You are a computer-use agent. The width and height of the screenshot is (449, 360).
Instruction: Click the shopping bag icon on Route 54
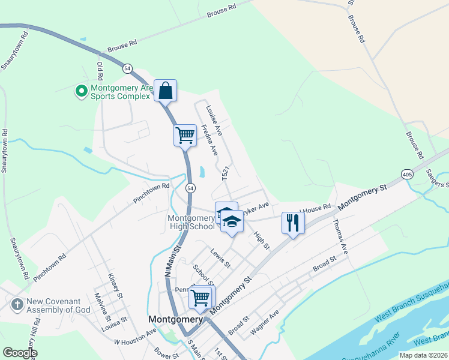(166, 92)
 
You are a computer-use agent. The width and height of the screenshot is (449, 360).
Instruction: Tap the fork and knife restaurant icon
(292, 223)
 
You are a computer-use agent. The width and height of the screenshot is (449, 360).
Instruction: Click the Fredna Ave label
(209, 140)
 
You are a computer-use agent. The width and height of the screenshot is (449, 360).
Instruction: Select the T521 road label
(226, 174)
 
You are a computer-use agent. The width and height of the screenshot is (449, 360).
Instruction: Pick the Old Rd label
(100, 70)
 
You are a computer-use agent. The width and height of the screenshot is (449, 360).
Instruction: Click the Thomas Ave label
(340, 238)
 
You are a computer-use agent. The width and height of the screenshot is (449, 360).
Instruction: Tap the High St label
(262, 241)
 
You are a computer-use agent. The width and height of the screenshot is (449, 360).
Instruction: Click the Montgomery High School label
(191, 222)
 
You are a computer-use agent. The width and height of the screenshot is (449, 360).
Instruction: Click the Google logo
(20, 353)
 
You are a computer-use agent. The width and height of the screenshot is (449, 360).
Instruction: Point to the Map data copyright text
(423, 355)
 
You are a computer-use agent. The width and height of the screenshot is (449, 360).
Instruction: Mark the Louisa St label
(115, 320)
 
